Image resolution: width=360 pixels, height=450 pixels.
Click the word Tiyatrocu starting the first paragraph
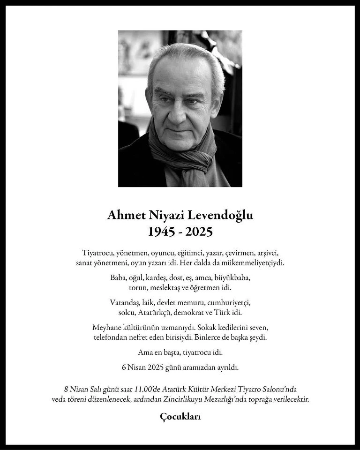pos(98,253)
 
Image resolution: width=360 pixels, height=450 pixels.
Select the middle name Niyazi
pos(164,215)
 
